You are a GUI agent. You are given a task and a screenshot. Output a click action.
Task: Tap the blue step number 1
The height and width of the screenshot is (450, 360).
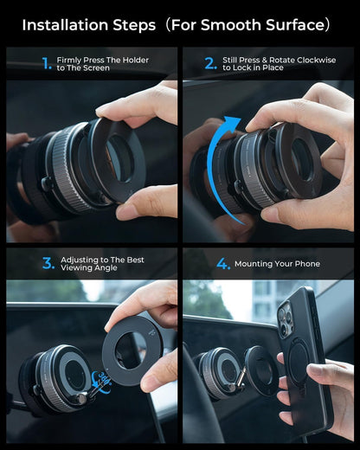click(x=47, y=63)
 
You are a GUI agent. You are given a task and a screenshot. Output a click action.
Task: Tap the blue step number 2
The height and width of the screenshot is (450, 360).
click(x=210, y=63)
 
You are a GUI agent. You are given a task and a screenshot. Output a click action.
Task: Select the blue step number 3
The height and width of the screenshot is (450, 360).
click(x=48, y=263)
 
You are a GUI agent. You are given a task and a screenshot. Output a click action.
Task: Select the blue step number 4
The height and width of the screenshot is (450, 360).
click(x=222, y=263)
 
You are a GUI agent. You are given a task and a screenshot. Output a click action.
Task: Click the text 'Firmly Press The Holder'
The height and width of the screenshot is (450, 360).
click(x=102, y=60)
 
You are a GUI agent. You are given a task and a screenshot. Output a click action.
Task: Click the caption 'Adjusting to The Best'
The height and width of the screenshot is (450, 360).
click(x=102, y=260)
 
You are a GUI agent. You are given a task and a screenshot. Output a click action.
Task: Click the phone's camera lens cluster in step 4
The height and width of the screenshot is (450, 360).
click(x=286, y=321)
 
